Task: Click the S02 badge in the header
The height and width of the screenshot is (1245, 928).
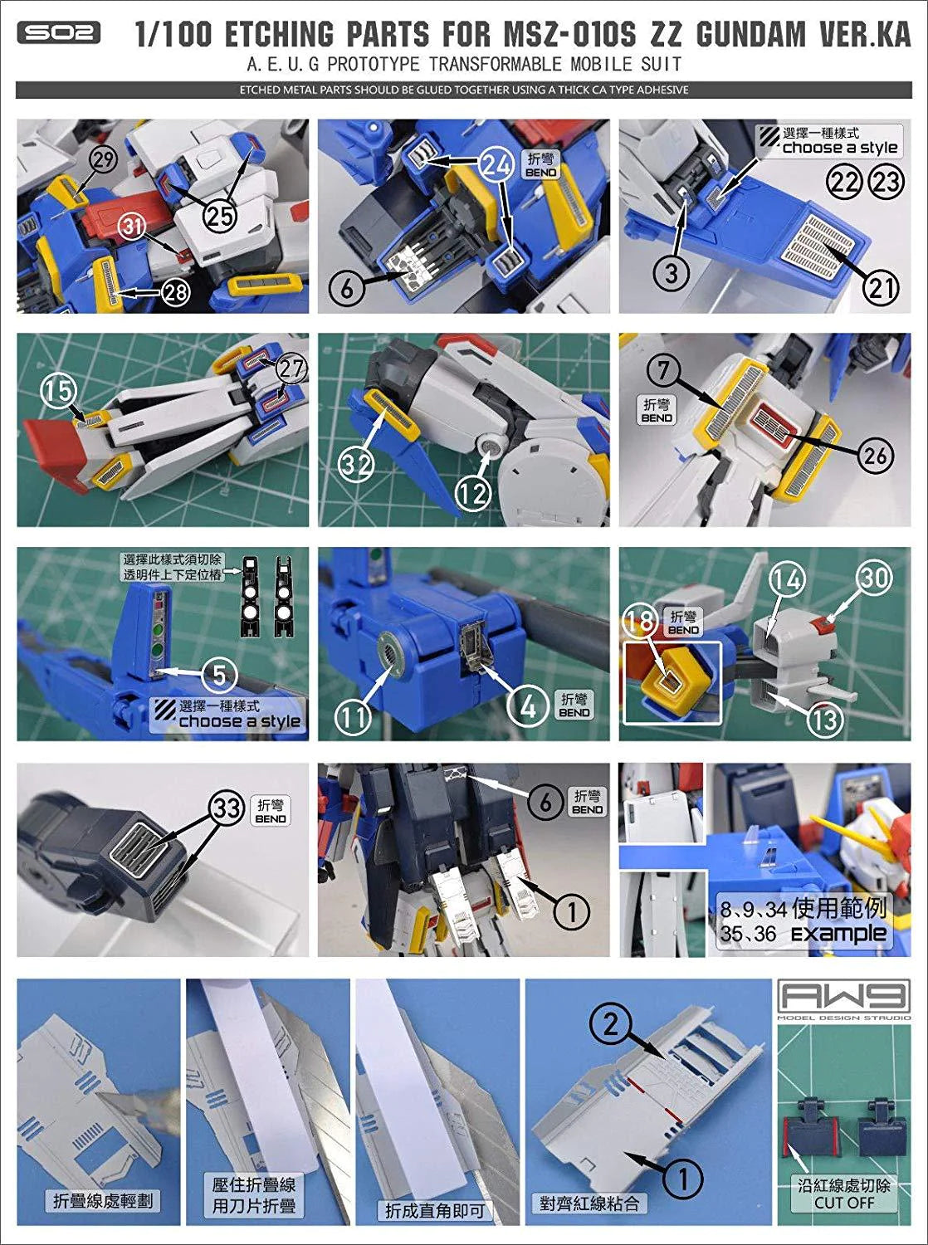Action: pyautogui.click(x=58, y=33)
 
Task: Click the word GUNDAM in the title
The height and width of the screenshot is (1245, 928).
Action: pyautogui.click(x=750, y=35)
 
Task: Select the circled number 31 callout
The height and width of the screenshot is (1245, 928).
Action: pyautogui.click(x=134, y=225)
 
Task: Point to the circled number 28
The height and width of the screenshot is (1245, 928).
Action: pyautogui.click(x=174, y=291)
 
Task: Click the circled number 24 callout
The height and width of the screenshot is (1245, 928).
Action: pyautogui.click(x=496, y=165)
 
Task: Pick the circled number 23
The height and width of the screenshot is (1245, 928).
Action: pyautogui.click(x=886, y=180)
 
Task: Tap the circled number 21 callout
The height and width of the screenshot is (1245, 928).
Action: pyautogui.click(x=881, y=287)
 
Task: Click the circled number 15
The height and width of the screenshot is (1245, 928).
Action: pyautogui.click(x=58, y=390)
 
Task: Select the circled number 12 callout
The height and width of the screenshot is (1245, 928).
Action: pyautogui.click(x=472, y=494)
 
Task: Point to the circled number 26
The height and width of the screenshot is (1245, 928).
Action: pyautogui.click(x=875, y=455)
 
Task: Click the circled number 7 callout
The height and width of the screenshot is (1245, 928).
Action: pyautogui.click(x=663, y=370)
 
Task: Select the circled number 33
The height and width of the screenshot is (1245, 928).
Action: pyautogui.click(x=226, y=807)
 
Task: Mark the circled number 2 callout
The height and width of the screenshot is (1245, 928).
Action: pyautogui.click(x=610, y=1026)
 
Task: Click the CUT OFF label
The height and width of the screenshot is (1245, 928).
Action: pyautogui.click(x=843, y=1203)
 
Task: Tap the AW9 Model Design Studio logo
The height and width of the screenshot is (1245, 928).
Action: pyautogui.click(x=843, y=998)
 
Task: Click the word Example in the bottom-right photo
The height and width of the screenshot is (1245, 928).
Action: pyautogui.click(x=838, y=934)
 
